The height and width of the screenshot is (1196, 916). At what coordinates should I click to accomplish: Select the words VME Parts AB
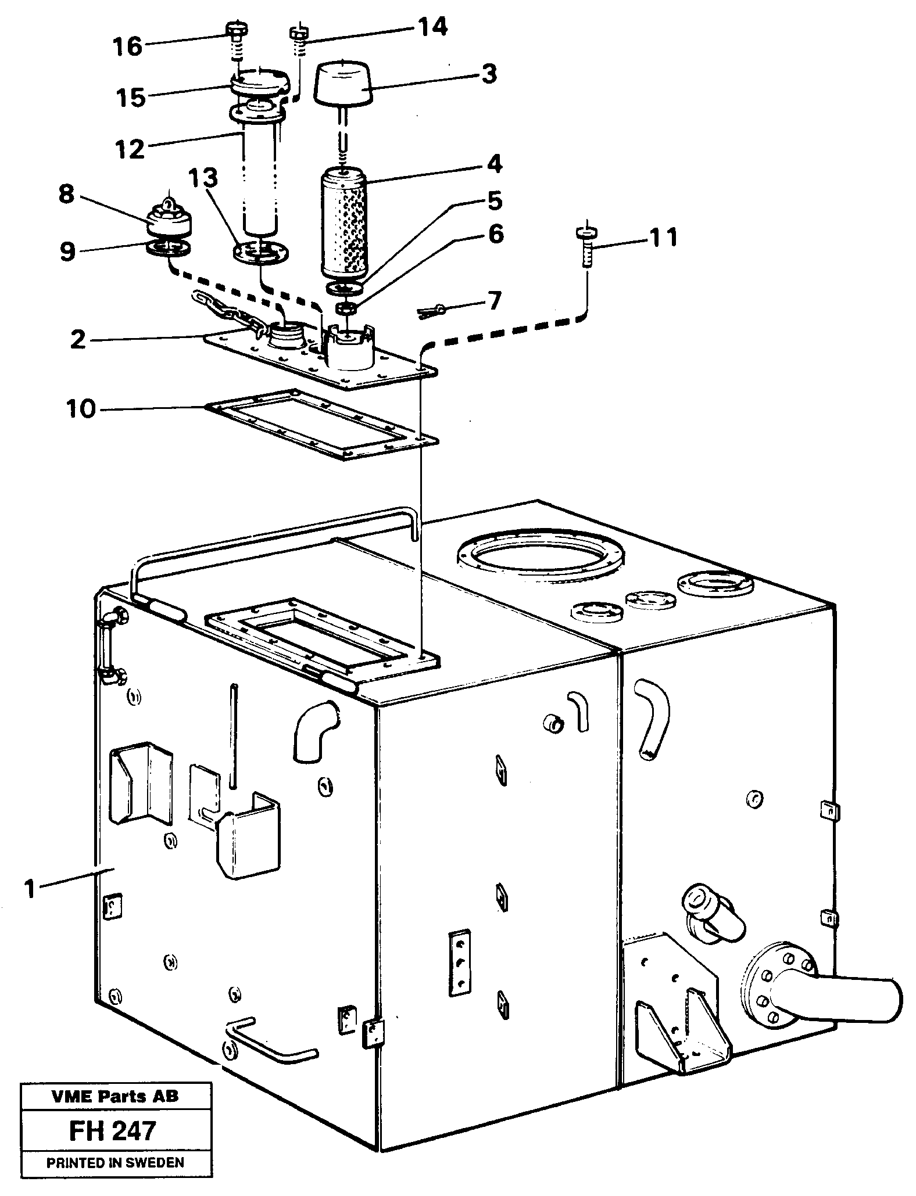coord(115,1097)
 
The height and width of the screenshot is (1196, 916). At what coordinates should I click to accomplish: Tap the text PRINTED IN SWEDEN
coord(115,1163)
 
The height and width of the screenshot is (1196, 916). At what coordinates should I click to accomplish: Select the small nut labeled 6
coord(348,308)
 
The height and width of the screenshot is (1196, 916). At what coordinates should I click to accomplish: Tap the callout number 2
coord(78,340)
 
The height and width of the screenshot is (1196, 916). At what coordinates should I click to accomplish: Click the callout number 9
coord(67,251)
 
